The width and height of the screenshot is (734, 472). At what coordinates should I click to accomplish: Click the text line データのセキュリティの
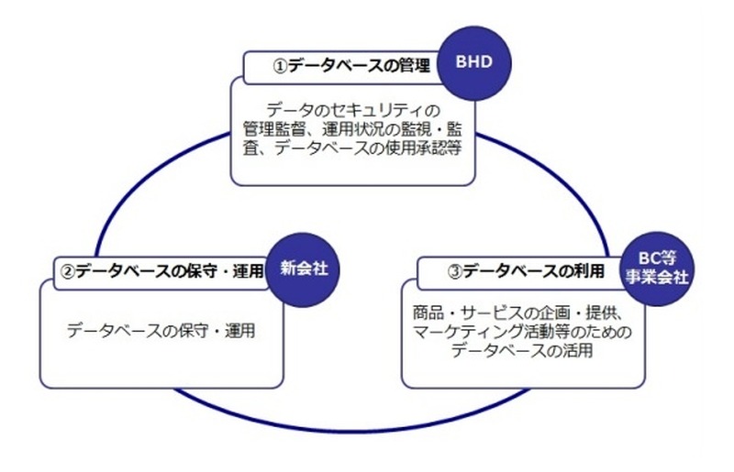coord(351,106)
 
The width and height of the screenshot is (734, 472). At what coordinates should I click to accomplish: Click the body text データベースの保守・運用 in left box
coord(161,330)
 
